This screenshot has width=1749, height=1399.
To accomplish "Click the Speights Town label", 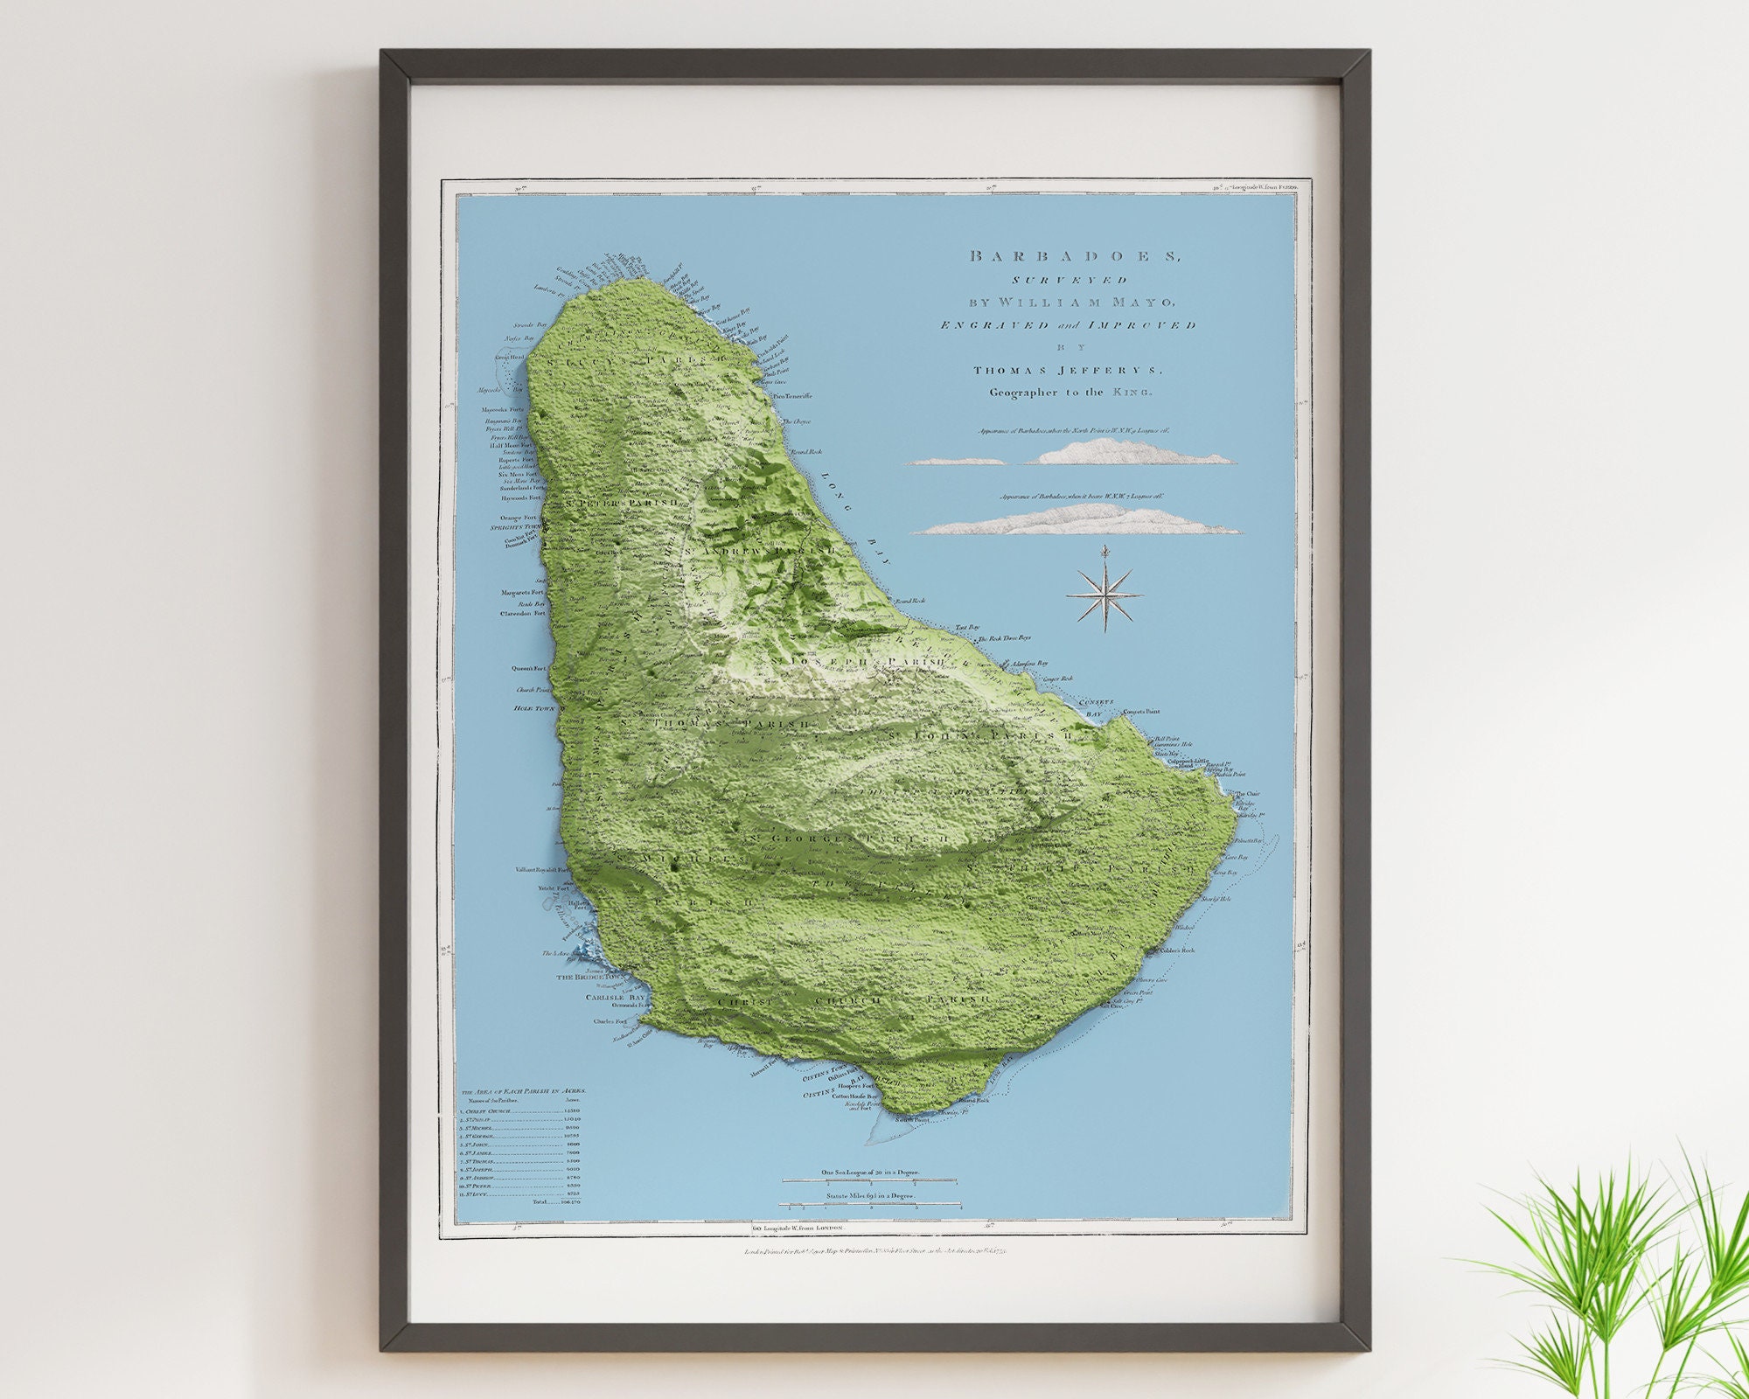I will (x=518, y=527).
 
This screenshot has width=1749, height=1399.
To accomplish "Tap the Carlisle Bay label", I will (x=615, y=997).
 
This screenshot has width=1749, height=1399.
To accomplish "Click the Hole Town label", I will (x=534, y=706).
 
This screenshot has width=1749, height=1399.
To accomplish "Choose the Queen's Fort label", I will (x=528, y=668).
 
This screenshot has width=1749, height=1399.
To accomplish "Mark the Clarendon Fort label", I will (x=522, y=614).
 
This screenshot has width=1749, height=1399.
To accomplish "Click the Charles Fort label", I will (x=610, y=1020).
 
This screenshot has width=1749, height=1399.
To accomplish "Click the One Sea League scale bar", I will (x=869, y=1181).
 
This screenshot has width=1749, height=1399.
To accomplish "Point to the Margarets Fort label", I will (x=523, y=593).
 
